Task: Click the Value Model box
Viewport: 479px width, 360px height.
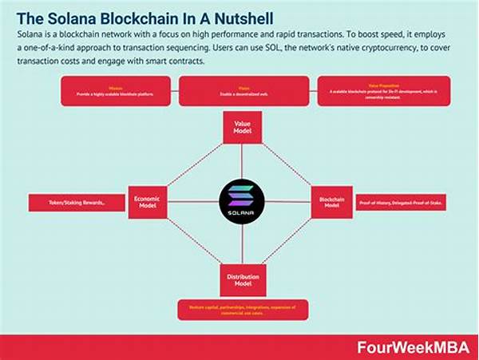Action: (x=243, y=128)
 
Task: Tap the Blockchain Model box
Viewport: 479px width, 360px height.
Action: (x=331, y=202)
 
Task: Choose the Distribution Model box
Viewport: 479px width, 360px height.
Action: (x=243, y=280)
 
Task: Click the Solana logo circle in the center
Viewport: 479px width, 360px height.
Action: (x=241, y=200)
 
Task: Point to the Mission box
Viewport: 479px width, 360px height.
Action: (x=115, y=91)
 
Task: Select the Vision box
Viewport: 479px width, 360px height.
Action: (x=243, y=91)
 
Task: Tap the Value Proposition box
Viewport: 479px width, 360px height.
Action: (x=383, y=91)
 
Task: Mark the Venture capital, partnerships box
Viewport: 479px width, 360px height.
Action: (x=242, y=310)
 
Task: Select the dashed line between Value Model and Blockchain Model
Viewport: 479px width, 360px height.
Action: (x=291, y=164)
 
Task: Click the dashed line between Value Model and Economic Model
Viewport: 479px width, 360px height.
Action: (x=192, y=164)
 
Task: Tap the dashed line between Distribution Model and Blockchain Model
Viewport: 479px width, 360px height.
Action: (x=291, y=239)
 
